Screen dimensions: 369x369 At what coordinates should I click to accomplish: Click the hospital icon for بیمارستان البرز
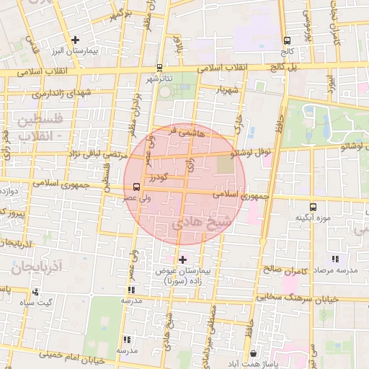[x=75, y=40]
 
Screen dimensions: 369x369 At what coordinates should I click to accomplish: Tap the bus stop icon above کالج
[x=288, y=40]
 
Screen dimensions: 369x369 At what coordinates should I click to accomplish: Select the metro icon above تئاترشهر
[x=159, y=67]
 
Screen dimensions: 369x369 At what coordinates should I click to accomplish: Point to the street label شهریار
[x=224, y=89]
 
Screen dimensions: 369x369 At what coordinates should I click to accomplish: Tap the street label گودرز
[x=159, y=177]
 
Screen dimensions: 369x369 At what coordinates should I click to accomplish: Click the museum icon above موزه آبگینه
[x=312, y=207]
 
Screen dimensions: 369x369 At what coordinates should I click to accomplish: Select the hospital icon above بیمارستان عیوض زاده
[x=182, y=259]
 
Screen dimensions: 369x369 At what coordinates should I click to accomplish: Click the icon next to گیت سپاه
[x=35, y=292]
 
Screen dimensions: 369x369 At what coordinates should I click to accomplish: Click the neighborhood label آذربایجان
[x=38, y=267]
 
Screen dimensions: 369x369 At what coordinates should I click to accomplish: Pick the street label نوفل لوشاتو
[x=249, y=153]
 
